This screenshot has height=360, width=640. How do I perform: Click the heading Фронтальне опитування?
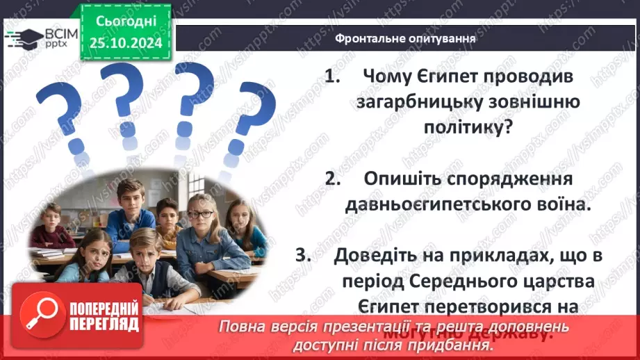pyautogui.click(x=405, y=38)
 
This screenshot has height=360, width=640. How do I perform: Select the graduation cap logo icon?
pyautogui.click(x=22, y=37)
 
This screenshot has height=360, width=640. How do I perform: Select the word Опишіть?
pyautogui.click(x=407, y=179)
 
